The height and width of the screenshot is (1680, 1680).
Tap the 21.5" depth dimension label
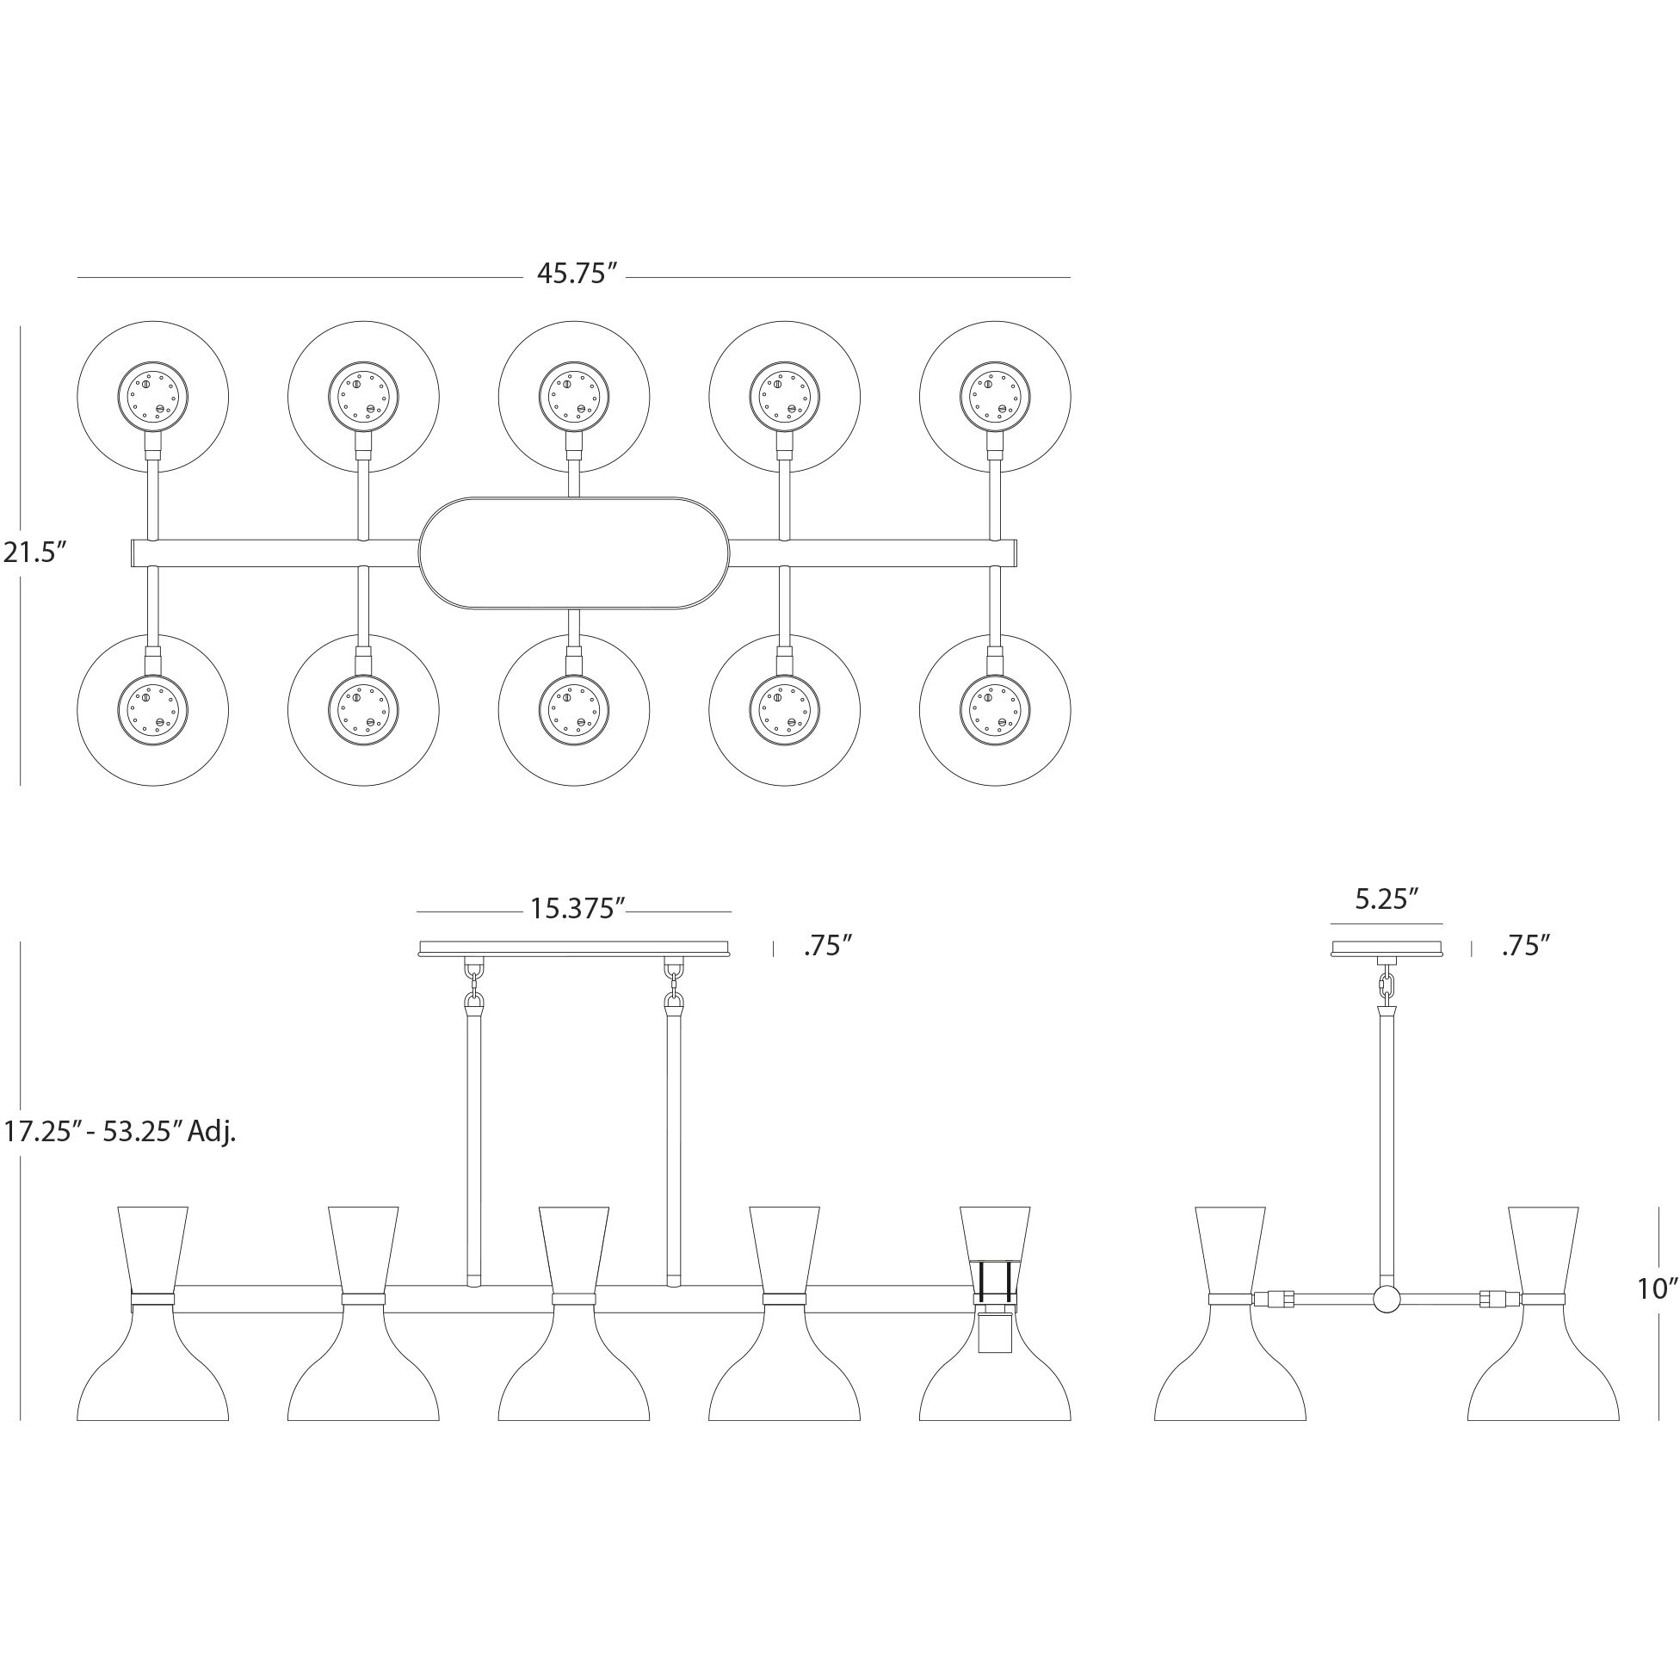coord(34,552)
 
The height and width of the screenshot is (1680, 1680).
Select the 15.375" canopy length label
coord(577,909)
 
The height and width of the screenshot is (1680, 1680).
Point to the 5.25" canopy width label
coord(1387,899)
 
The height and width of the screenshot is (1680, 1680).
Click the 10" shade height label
coord(1657,1288)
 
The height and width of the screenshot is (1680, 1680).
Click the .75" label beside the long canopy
coord(826,946)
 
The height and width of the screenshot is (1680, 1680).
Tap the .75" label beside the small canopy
coord(1526,946)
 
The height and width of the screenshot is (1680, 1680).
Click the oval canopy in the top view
coord(574,553)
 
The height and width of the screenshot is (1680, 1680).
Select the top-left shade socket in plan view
coord(153,397)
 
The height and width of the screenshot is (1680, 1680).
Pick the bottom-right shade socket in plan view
coord(995,709)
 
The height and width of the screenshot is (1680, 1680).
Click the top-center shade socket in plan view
coord(574,397)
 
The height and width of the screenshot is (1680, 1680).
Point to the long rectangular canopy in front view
coord(574,948)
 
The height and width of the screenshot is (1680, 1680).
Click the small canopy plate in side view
coord(1387,948)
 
